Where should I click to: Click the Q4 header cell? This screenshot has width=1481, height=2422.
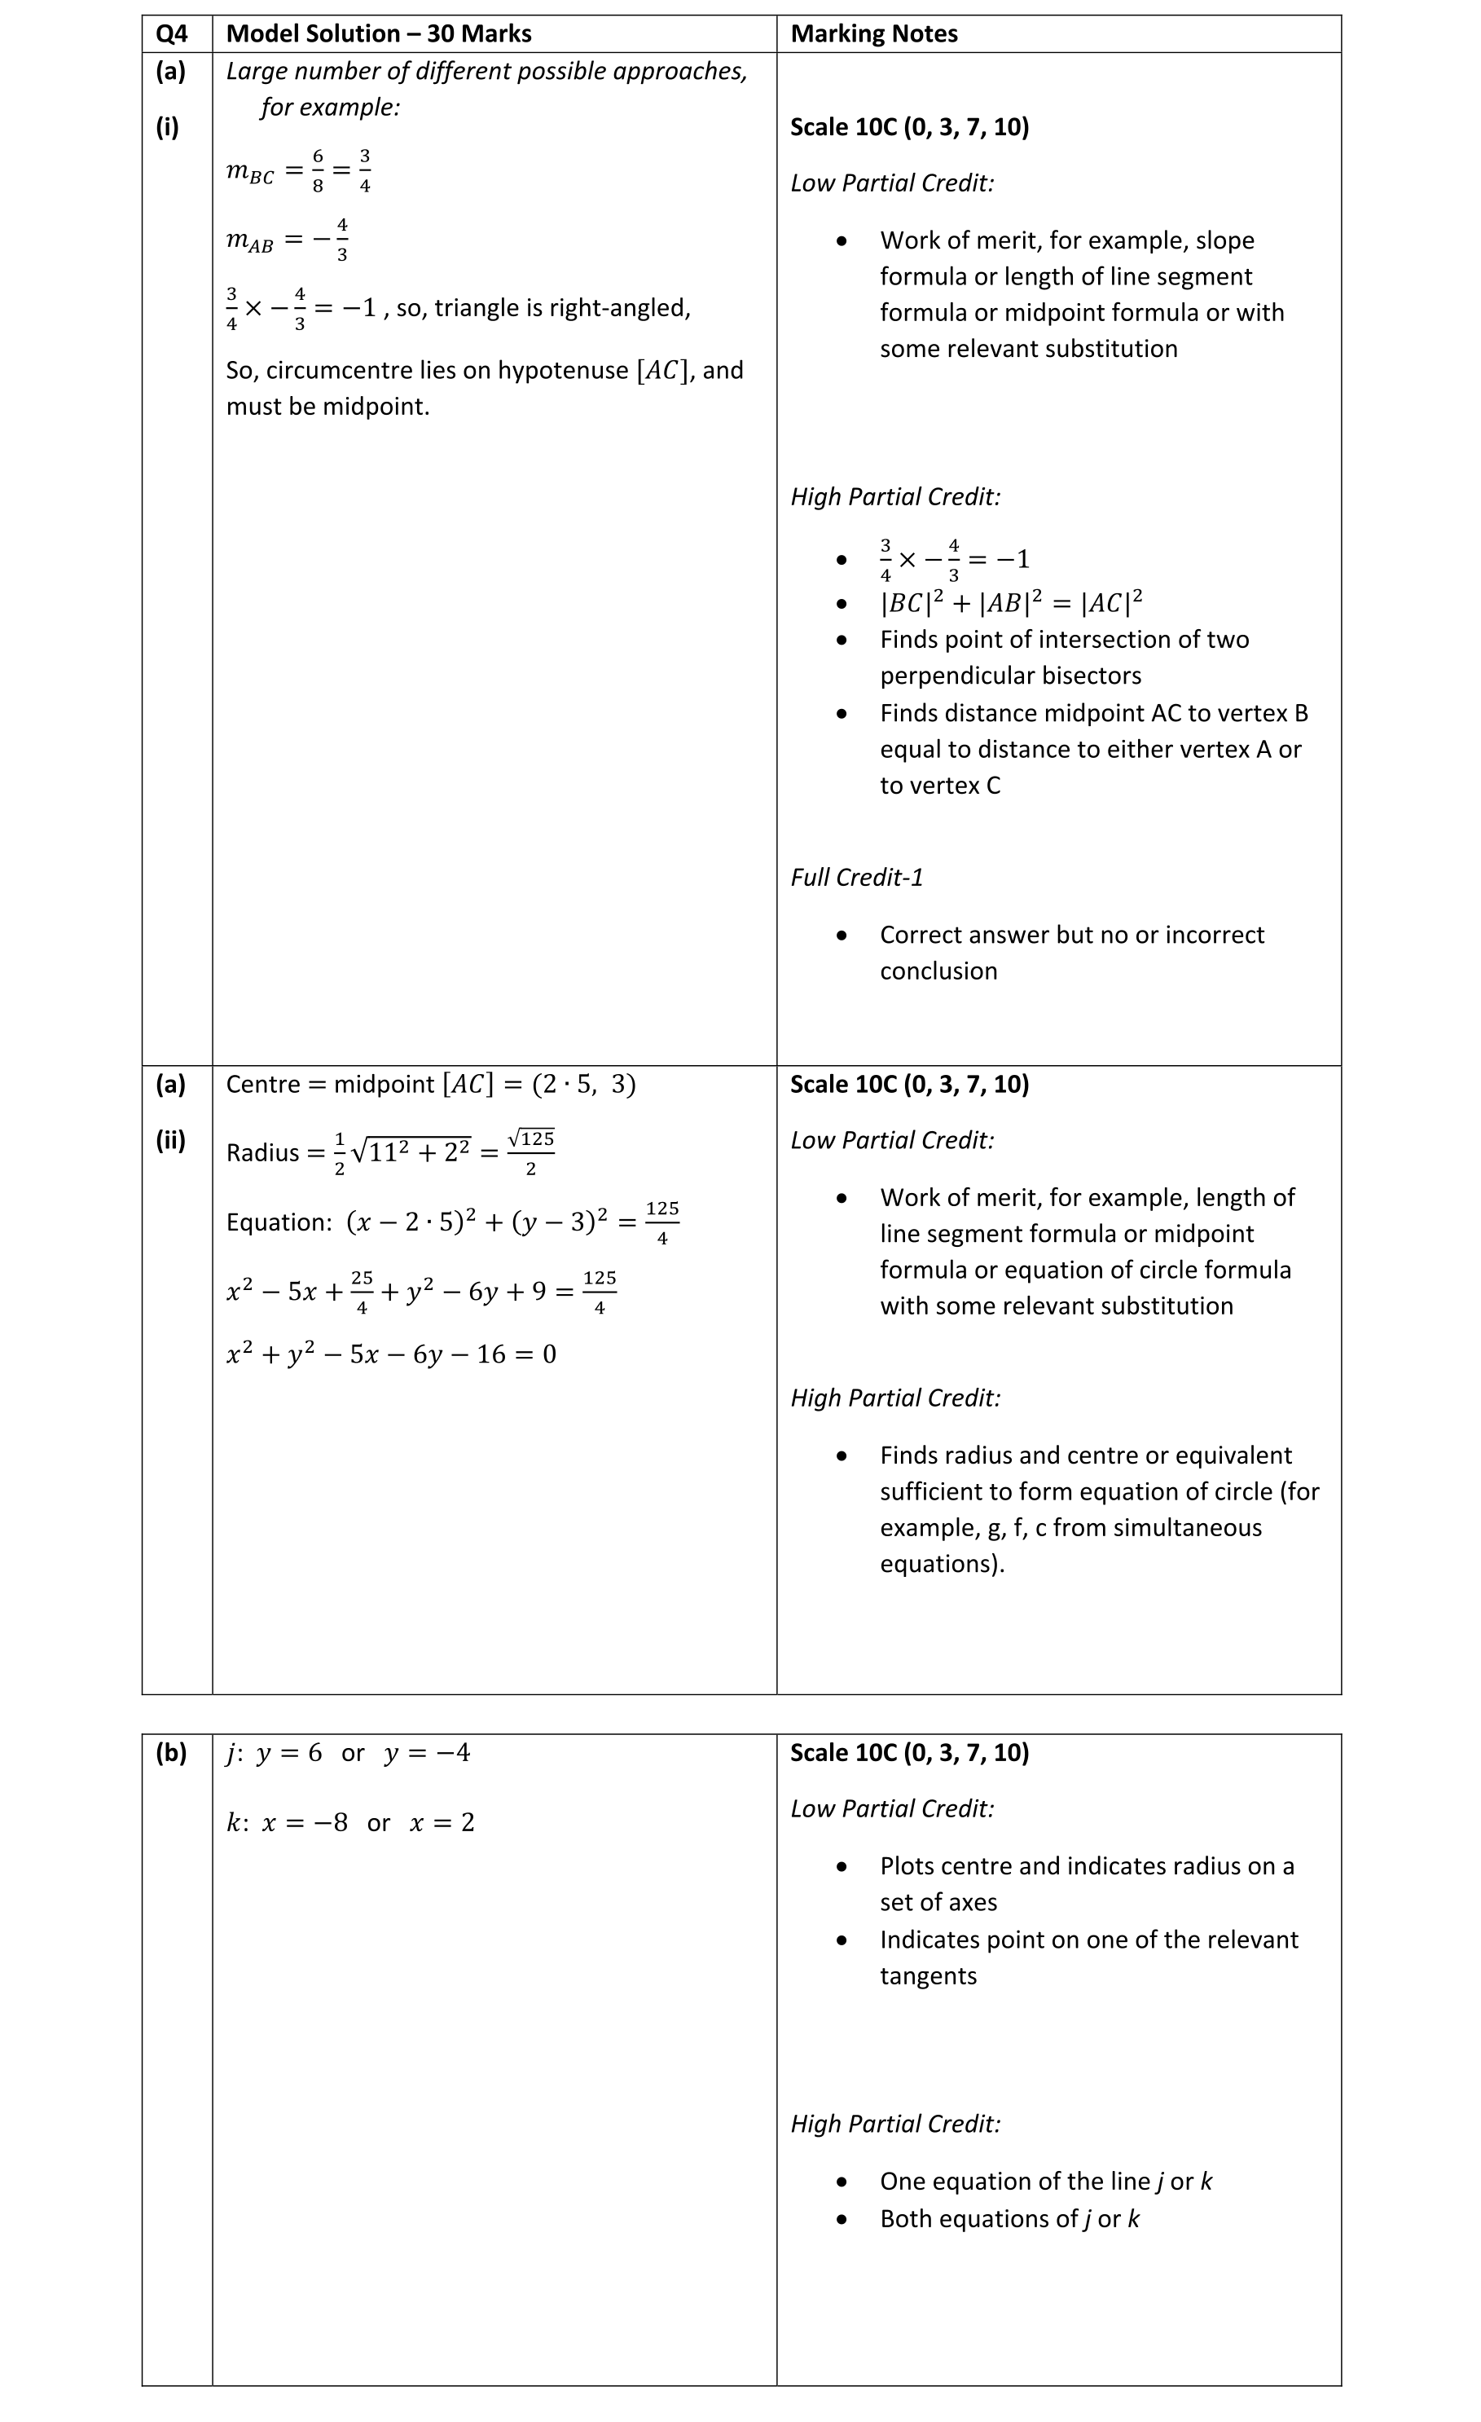point(171,33)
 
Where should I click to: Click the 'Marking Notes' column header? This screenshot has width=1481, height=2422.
point(872,33)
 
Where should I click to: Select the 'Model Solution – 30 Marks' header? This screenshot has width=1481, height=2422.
point(378,33)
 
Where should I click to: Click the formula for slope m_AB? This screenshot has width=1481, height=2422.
point(287,240)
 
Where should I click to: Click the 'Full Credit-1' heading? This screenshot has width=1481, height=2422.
point(856,877)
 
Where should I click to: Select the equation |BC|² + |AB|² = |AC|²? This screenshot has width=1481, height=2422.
point(1010,601)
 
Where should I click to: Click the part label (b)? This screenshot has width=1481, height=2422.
point(171,1753)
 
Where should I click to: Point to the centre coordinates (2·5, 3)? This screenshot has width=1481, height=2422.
point(584,1084)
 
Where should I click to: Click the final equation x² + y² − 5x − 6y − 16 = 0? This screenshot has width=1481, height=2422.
point(390,1354)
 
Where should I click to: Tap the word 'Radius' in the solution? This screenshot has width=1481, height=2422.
point(262,1152)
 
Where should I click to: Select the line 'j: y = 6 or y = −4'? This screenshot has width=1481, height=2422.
point(348,1754)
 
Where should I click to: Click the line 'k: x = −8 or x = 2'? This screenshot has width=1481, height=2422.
point(349,1822)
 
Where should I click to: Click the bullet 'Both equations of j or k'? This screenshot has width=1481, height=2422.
point(1009,2218)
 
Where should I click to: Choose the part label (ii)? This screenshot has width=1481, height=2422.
point(170,1140)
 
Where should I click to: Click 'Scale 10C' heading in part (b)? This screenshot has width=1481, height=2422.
point(909,1753)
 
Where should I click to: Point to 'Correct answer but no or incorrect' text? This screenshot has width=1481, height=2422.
point(1071,935)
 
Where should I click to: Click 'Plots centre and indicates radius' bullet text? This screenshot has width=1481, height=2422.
point(1086,1865)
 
